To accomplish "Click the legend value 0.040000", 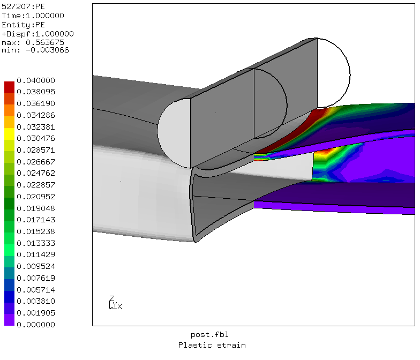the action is pos(36,80).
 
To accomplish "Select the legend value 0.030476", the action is pos(36,138).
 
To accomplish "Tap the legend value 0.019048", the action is pos(36,208).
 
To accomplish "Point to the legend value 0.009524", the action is pos(36,266).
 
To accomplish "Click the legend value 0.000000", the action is pos(36,325).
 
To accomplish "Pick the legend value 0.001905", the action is pos(36,313).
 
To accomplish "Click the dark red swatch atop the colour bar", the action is pos(9,87).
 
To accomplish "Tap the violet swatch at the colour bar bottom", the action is pos(9,320).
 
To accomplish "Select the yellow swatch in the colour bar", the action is pos(9,134).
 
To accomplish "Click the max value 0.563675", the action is pos(45,42).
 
